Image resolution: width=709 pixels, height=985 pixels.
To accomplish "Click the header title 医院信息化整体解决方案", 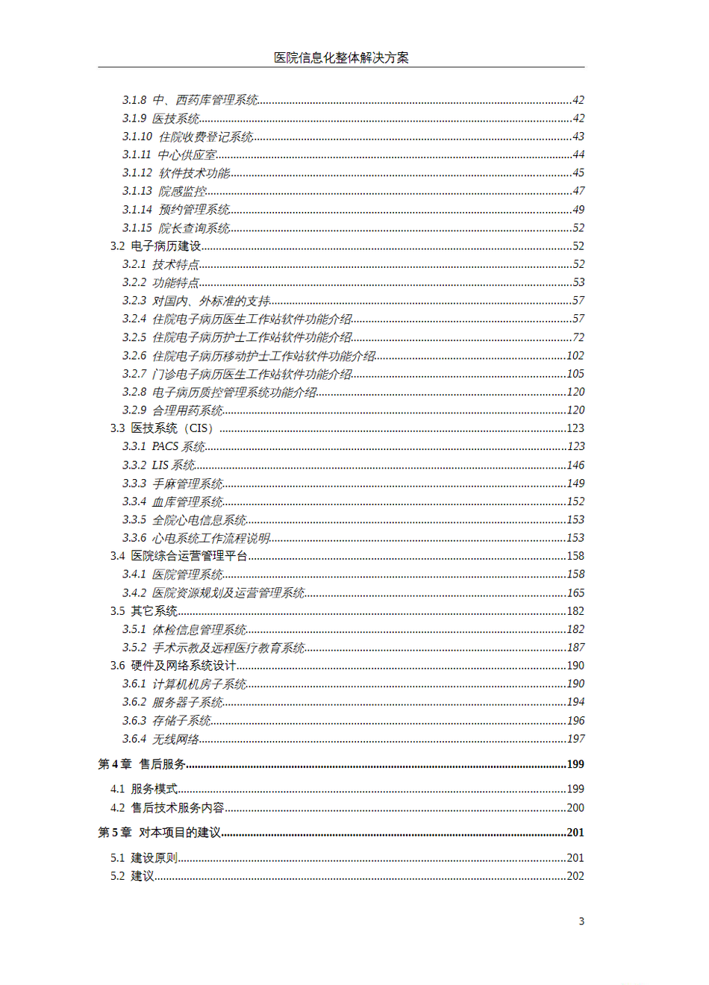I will point(341,57).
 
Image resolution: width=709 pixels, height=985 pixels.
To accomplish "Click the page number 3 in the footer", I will point(581,921).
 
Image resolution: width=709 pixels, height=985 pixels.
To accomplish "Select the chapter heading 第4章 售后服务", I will point(143,764).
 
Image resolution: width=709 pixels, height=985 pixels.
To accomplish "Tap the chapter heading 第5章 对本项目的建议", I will point(160,832).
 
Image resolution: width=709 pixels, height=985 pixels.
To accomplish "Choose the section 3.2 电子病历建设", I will point(156,246).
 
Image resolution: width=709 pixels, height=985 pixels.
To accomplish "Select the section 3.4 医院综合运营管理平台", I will point(179,556).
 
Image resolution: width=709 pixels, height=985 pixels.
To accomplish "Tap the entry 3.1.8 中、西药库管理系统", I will point(190,100).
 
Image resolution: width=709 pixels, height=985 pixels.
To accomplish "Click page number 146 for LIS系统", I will point(575,465).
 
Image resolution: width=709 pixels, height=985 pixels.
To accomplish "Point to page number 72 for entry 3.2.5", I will point(578,337).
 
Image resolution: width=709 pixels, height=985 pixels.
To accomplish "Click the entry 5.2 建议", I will point(133,876).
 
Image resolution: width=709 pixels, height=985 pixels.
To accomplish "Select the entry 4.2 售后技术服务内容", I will point(167,807).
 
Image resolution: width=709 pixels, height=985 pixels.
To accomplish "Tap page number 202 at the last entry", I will point(575,876).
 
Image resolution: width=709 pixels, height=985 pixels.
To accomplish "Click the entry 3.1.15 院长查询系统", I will point(176,228).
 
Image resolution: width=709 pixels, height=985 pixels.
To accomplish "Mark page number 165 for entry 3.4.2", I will point(575,592).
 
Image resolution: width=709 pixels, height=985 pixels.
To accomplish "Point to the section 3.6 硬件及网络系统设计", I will point(173,666).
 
